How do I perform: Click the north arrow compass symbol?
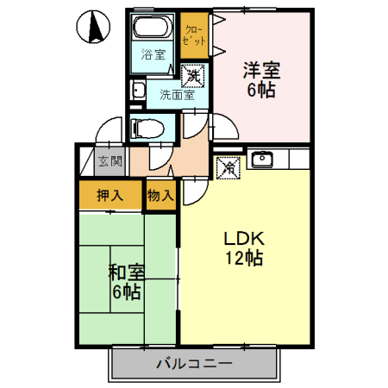(x=93, y=28)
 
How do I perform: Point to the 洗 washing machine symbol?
(x=195, y=75)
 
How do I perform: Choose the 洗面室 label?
(x=176, y=95)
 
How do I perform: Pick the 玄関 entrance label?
(x=110, y=160)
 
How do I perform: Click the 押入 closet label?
(x=110, y=195)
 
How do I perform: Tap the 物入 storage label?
(x=160, y=195)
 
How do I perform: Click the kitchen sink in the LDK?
(x=261, y=159)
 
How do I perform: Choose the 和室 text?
(x=126, y=272)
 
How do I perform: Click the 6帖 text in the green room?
(x=126, y=292)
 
